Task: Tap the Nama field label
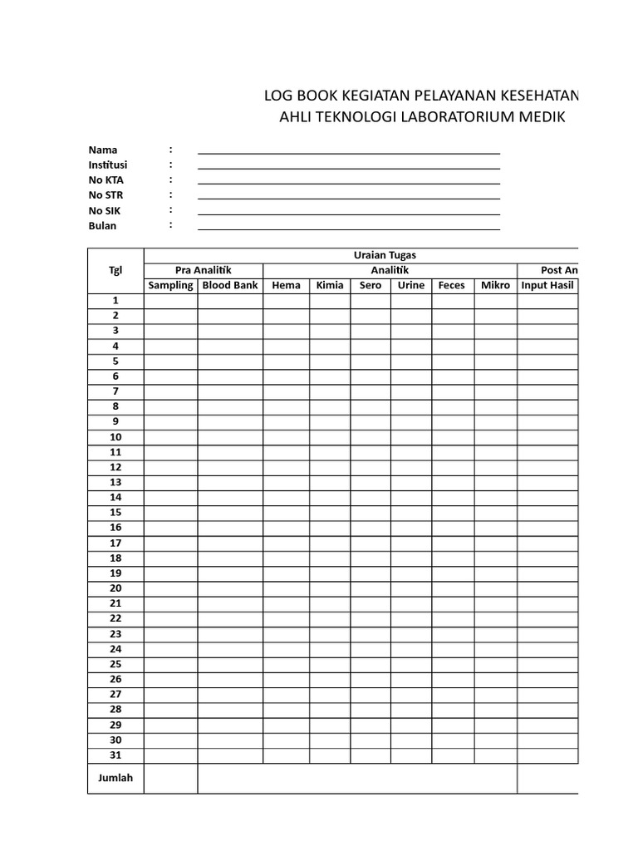pyautogui.click(x=103, y=150)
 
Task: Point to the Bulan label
pyautogui.click(x=103, y=225)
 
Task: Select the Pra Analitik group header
pyautogui.click(x=203, y=270)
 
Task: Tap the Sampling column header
pyautogui.click(x=170, y=285)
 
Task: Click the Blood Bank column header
pyautogui.click(x=230, y=285)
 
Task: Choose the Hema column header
pyautogui.click(x=286, y=285)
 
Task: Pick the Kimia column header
pyautogui.click(x=330, y=285)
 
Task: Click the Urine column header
pyautogui.click(x=410, y=285)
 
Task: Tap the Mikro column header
pyautogui.click(x=495, y=285)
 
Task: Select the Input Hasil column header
pyautogui.click(x=547, y=285)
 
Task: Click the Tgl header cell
pyautogui.click(x=115, y=270)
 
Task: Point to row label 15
pyautogui.click(x=115, y=512)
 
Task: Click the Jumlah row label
pyautogui.click(x=115, y=778)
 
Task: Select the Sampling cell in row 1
pyautogui.click(x=170, y=300)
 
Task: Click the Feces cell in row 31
pyautogui.click(x=453, y=755)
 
